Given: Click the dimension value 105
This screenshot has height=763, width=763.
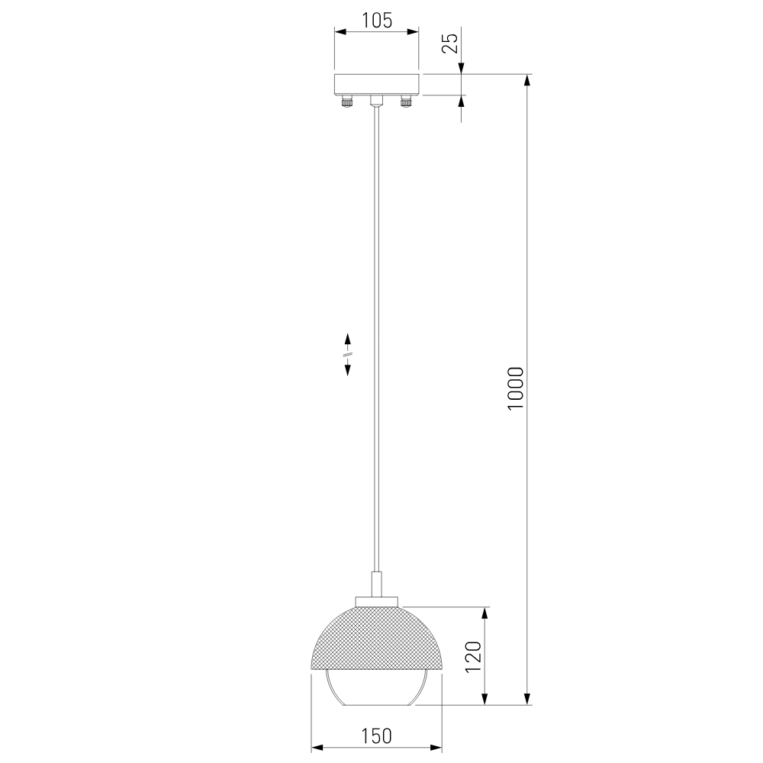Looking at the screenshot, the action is tap(377, 21).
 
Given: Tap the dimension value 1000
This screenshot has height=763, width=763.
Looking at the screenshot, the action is tap(516, 388).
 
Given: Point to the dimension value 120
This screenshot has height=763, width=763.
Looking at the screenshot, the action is tap(474, 657).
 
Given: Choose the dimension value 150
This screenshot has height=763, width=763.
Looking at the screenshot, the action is tap(376, 736).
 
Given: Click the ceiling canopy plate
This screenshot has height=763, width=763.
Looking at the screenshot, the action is tap(376, 85).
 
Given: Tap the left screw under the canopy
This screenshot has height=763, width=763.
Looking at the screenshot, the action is tap(346, 101).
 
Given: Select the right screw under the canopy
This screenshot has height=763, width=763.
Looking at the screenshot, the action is tap(406, 101).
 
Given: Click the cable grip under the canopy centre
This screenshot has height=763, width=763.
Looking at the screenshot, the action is tap(376, 101).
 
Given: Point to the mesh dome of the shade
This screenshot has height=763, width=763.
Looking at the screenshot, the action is tap(376, 638).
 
